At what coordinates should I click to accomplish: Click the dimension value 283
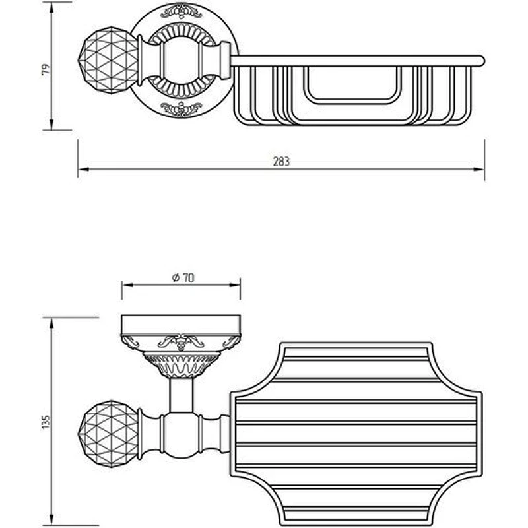pos(281,162)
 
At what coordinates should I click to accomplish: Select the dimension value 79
pos(46,69)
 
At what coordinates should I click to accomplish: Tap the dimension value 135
pos(46,422)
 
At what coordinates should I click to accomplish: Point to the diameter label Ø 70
pos(183,278)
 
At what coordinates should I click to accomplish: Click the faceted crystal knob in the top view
pos(108,60)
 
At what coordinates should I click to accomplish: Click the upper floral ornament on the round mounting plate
pos(181,11)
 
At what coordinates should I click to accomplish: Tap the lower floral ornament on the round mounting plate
pos(181,109)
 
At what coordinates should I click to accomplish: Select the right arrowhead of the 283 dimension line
pos(479,169)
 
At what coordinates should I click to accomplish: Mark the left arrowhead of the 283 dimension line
pos(83,169)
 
